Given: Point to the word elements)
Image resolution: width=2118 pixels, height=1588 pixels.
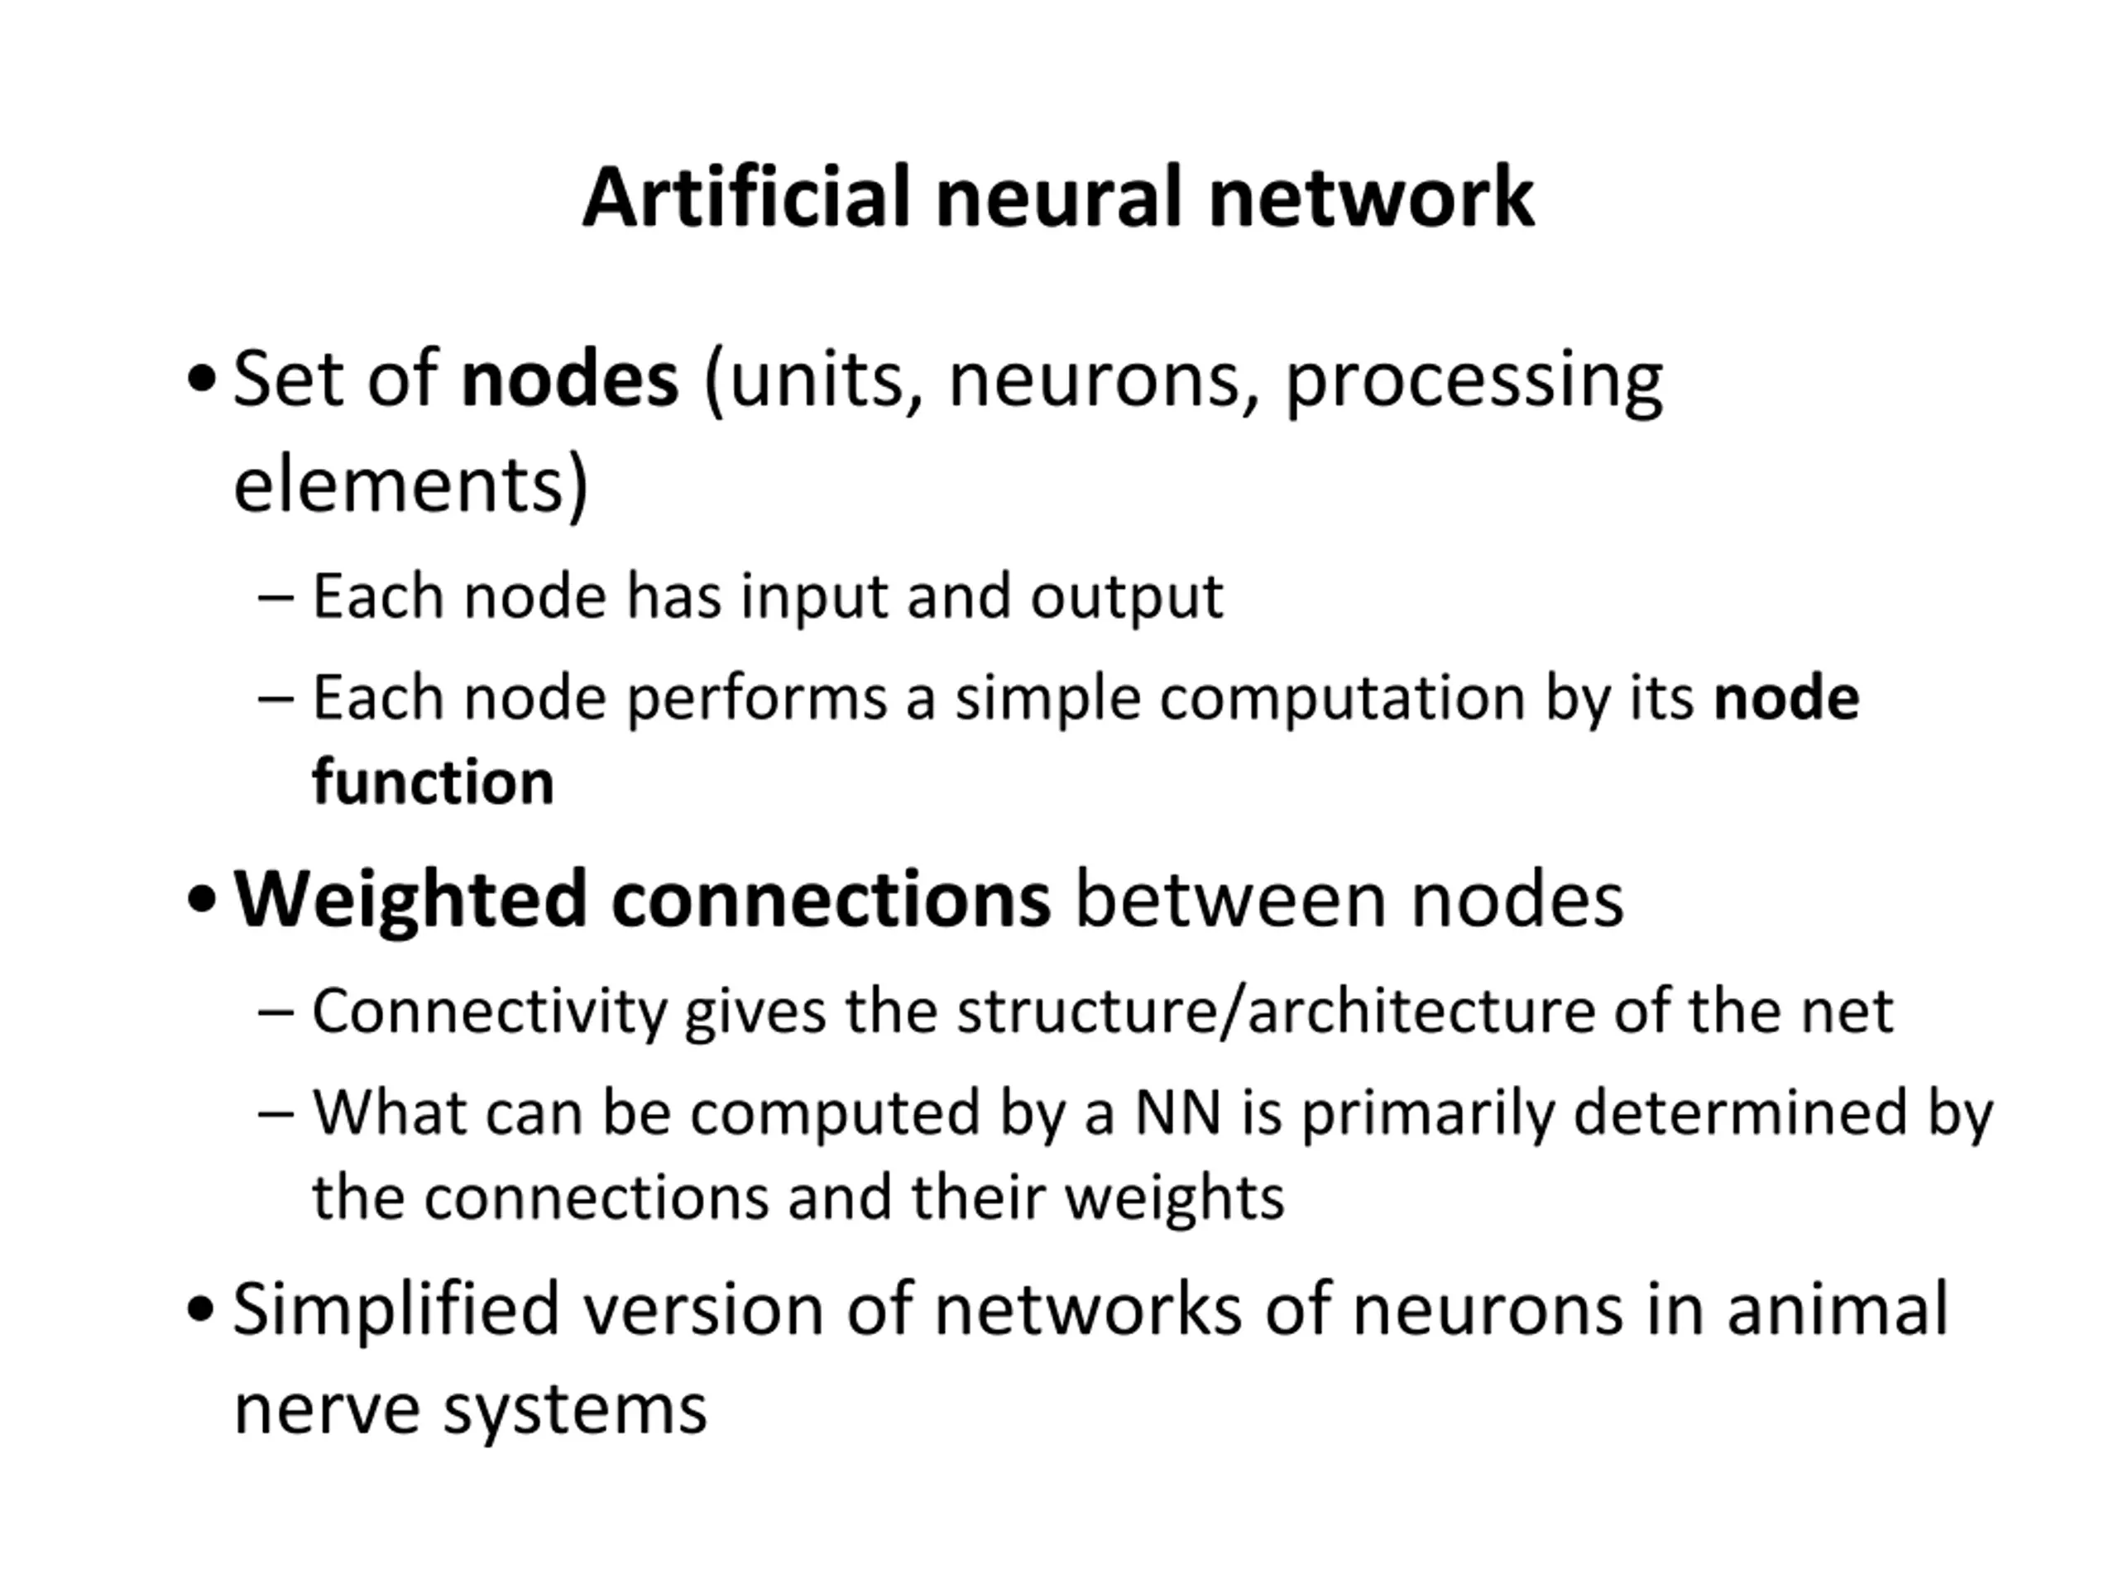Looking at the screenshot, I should click(x=410, y=485).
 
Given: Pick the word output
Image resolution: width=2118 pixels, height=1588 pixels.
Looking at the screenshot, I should click(x=1126, y=597).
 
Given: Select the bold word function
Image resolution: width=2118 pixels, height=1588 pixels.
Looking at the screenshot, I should click(x=433, y=782).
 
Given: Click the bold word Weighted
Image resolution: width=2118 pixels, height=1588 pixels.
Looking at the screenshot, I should click(x=410, y=902).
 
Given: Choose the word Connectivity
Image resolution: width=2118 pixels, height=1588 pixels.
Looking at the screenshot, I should click(x=489, y=1012).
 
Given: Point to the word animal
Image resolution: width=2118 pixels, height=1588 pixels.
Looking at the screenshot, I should click(x=1838, y=1308).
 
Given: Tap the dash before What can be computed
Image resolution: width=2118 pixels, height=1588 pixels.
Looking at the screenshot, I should click(x=276, y=1113).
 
